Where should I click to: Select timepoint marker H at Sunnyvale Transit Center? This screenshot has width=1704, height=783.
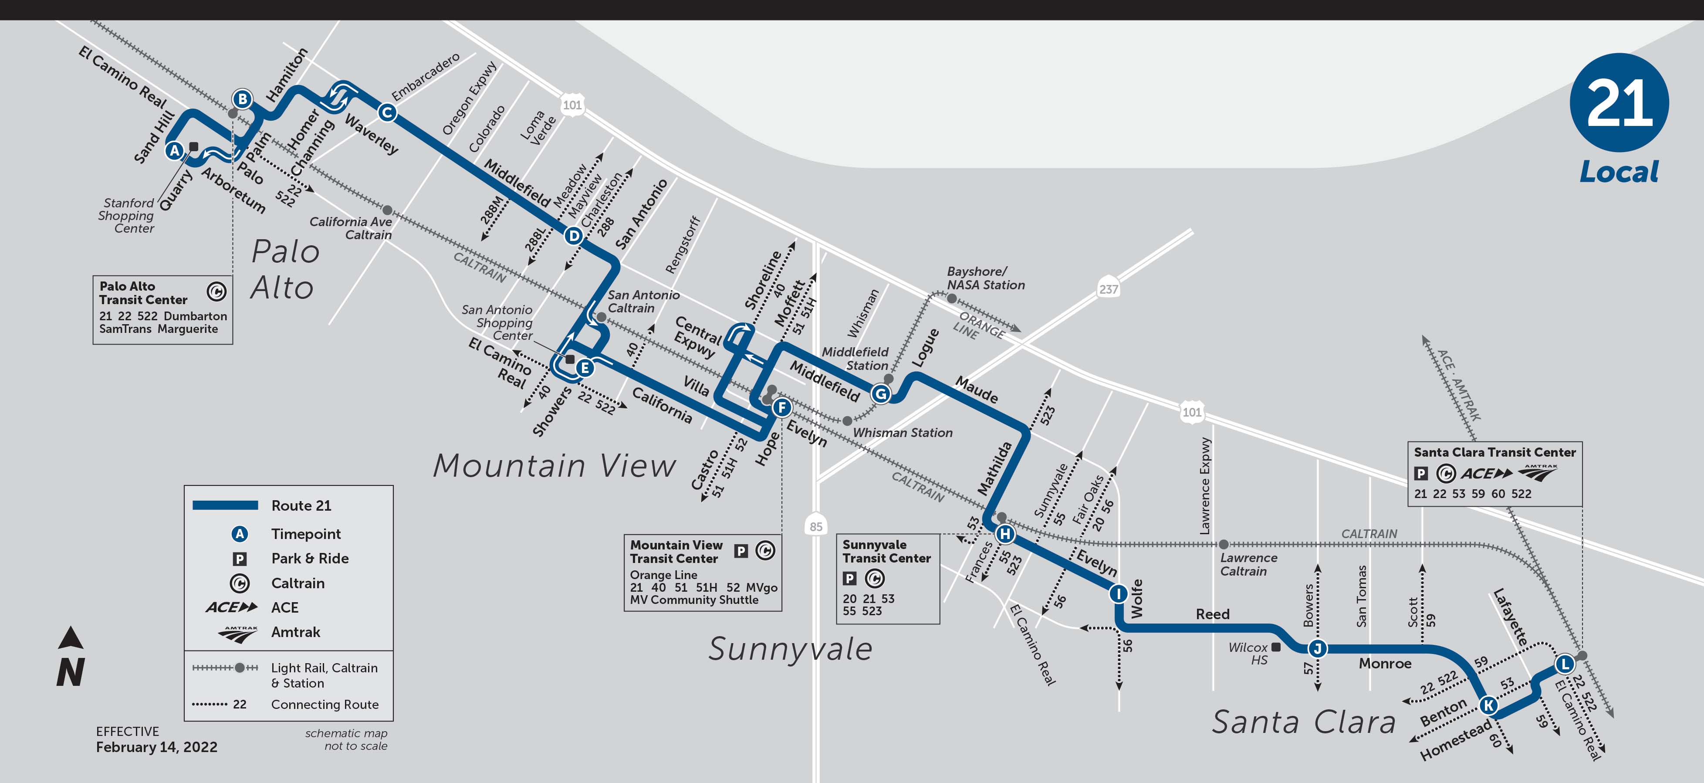[x=1005, y=533]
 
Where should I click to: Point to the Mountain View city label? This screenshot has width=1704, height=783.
[x=554, y=465]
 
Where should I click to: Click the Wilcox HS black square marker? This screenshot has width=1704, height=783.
[x=1276, y=647]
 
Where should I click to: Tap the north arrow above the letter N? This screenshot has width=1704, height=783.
[x=71, y=637]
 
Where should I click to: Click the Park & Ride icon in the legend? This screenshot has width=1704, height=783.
[x=240, y=559]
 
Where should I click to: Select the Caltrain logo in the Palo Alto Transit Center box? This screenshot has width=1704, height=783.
[x=216, y=291]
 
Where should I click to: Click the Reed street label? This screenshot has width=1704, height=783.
[x=1213, y=614]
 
